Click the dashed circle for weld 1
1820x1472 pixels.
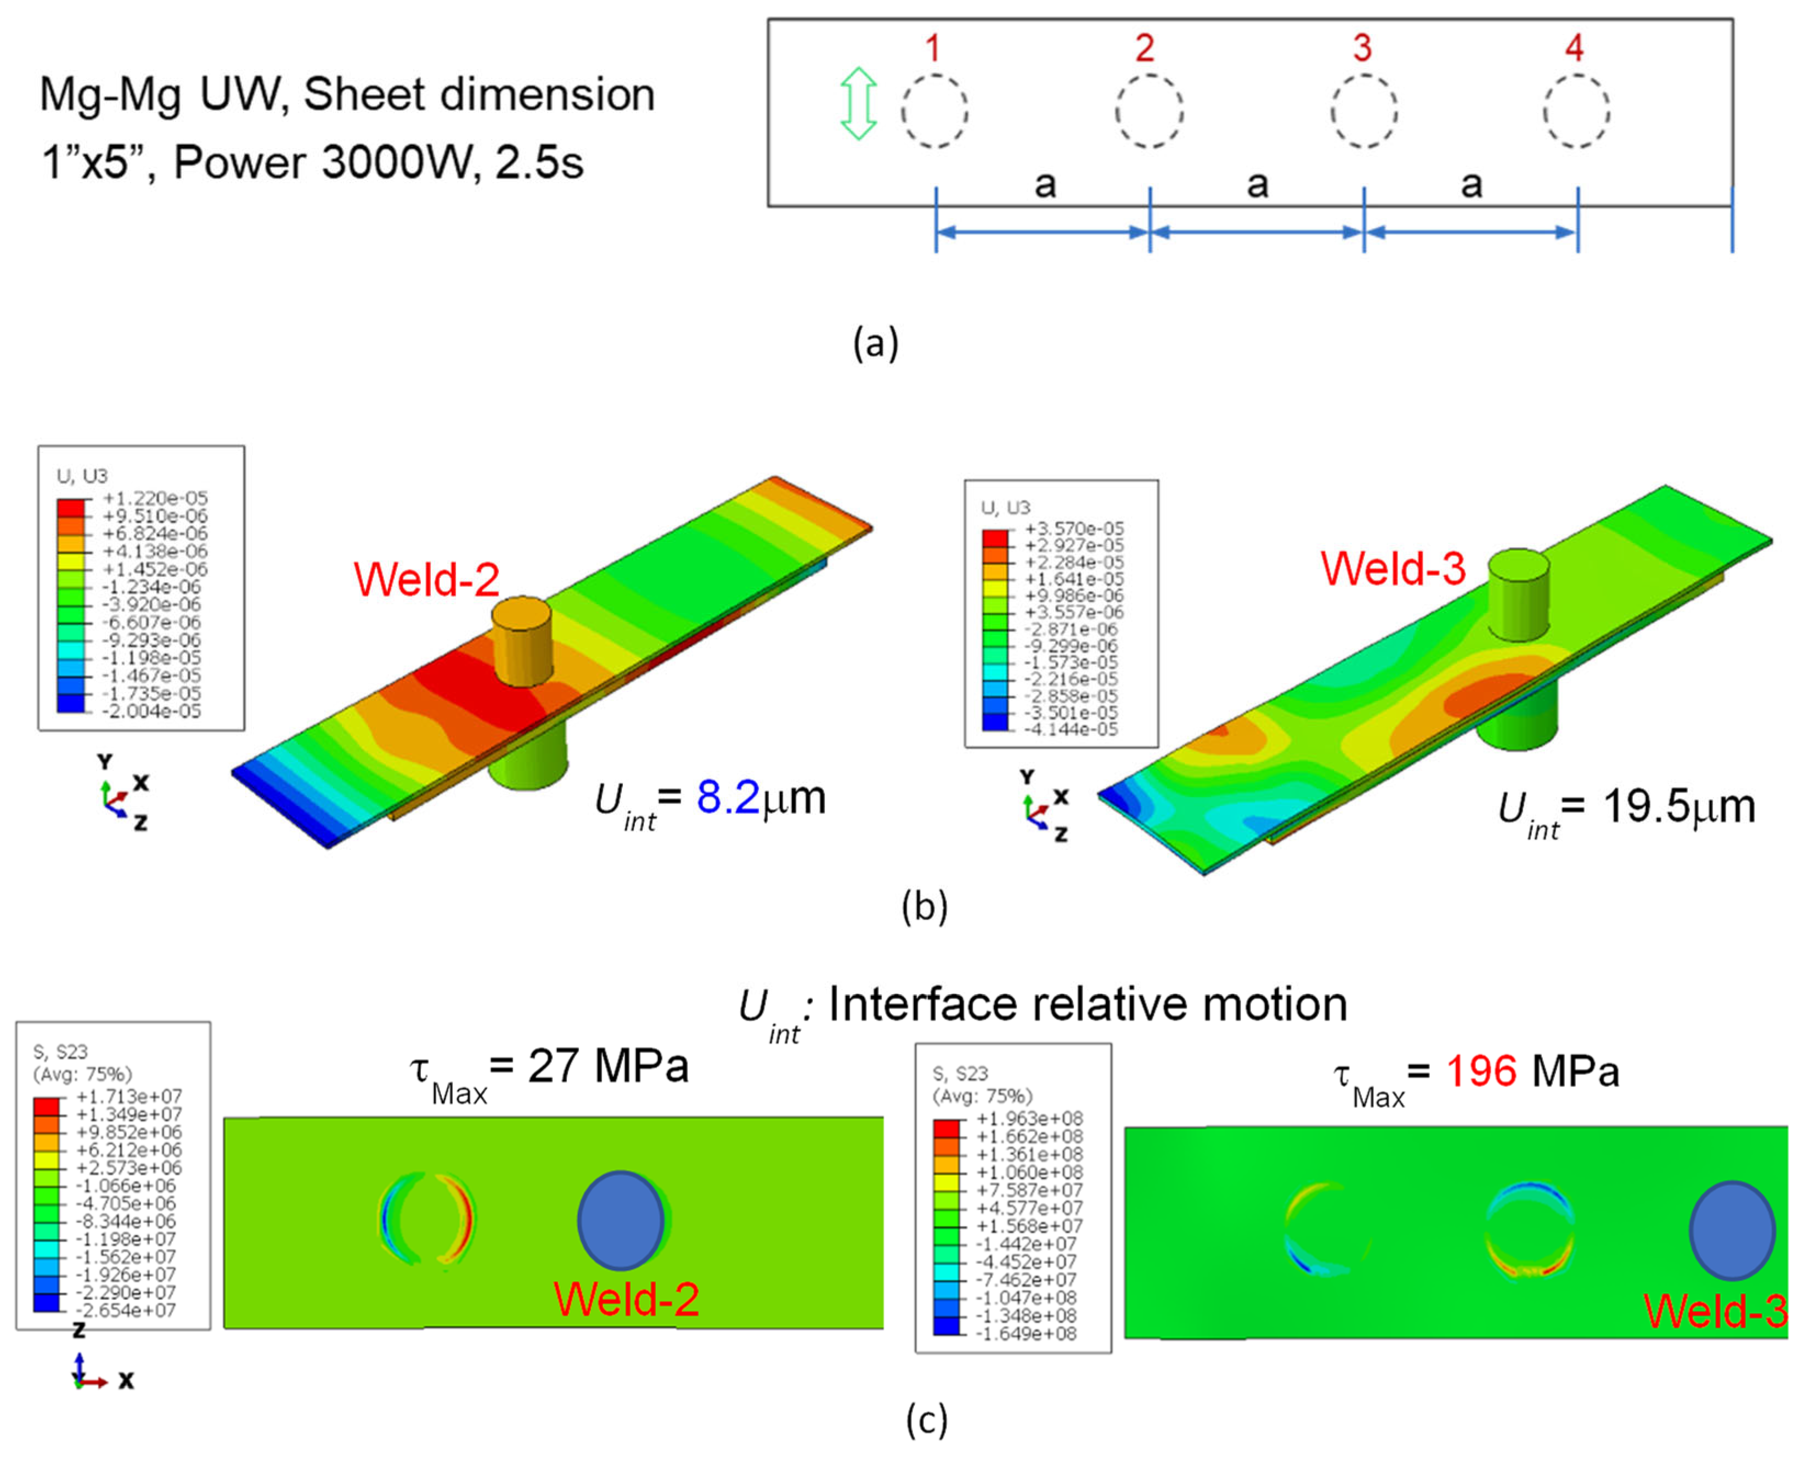click(x=934, y=111)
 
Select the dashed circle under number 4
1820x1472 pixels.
click(x=1576, y=111)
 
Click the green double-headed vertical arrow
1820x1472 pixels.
click(x=858, y=104)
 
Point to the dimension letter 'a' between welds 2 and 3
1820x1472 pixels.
click(x=1258, y=183)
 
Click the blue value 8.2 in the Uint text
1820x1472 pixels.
click(x=728, y=798)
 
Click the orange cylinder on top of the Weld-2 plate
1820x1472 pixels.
click(x=522, y=640)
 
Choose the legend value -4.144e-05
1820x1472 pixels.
click(x=1071, y=729)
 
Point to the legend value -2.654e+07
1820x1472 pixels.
click(x=127, y=1310)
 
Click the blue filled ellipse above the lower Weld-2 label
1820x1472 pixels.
click(x=621, y=1221)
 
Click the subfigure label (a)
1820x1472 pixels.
click(x=875, y=343)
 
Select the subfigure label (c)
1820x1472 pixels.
click(x=926, y=1419)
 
